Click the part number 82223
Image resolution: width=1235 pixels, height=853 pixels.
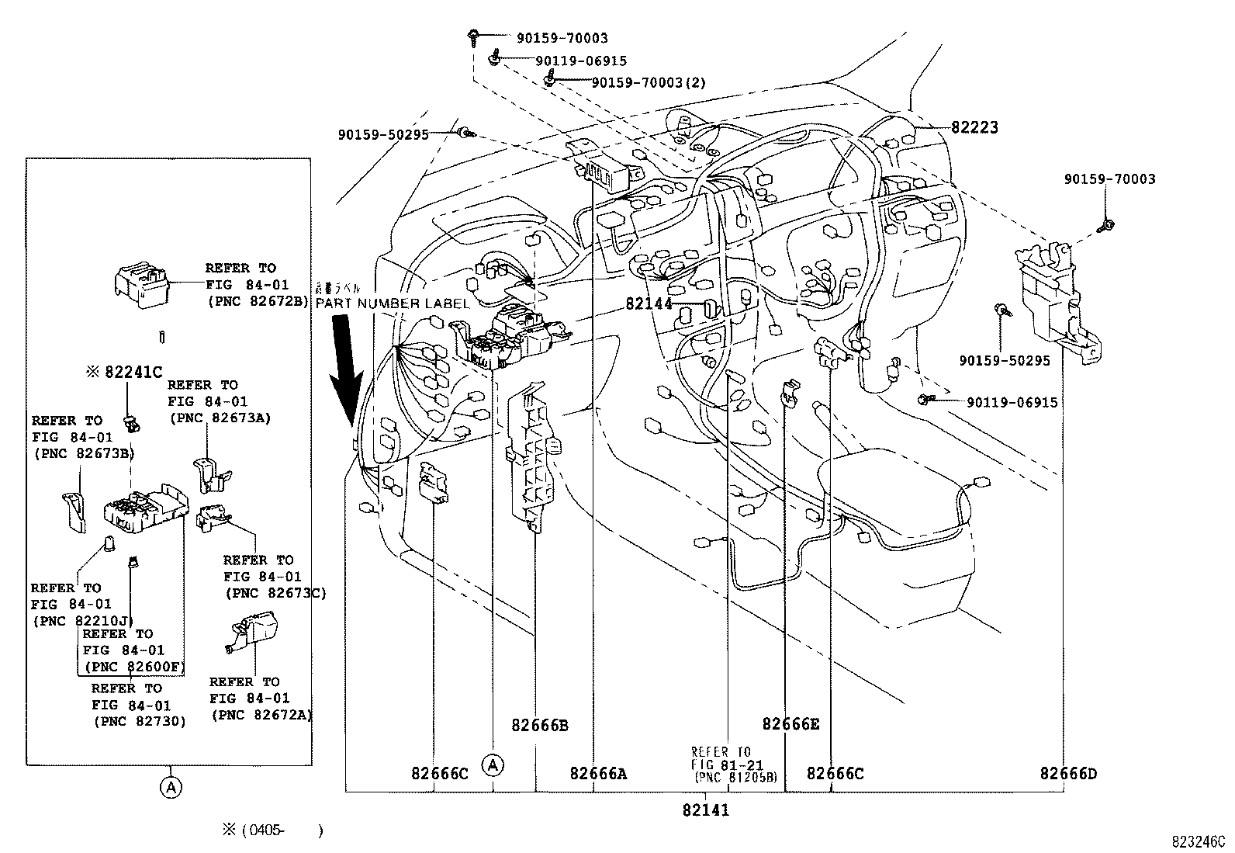click(974, 127)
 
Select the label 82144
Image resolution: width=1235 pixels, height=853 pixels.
click(649, 304)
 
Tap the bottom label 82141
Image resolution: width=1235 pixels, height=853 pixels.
click(706, 810)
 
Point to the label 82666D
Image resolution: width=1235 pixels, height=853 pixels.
click(1068, 773)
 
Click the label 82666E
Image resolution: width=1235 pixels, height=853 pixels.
click(790, 724)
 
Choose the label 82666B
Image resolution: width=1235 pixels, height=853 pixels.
click(539, 726)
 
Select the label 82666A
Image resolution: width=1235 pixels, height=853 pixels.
click(598, 773)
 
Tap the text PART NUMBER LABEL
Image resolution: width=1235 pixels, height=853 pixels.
click(392, 303)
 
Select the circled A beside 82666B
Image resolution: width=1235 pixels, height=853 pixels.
click(493, 765)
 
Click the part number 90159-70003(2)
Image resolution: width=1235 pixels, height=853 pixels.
click(648, 82)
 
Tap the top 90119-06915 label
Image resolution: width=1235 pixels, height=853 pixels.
click(580, 61)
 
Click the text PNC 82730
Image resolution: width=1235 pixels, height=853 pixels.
click(140, 721)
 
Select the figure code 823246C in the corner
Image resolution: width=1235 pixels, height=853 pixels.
click(1198, 841)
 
